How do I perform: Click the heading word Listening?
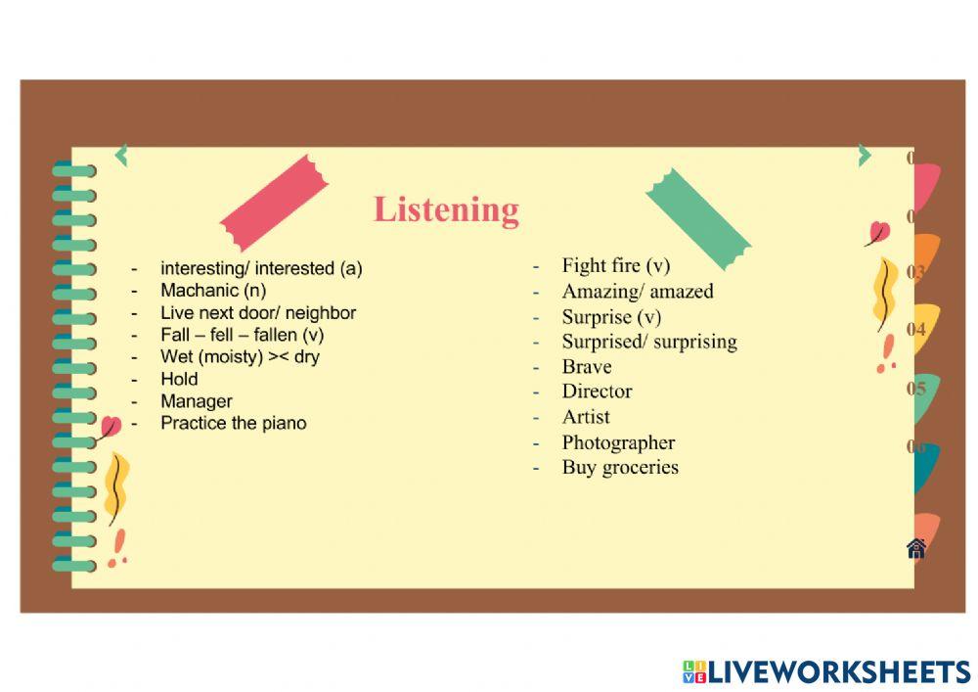pyautogui.click(x=446, y=210)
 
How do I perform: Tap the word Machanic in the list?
pyautogui.click(x=200, y=290)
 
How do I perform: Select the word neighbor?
pyautogui.click(x=321, y=312)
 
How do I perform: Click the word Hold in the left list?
pyautogui.click(x=179, y=379)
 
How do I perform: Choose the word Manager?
pyautogui.click(x=197, y=401)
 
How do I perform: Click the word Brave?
pyautogui.click(x=586, y=367)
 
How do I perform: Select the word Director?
pyautogui.click(x=597, y=392)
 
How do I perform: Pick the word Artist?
pyautogui.click(x=586, y=417)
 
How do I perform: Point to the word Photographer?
pyautogui.click(x=618, y=443)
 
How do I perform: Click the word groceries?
pyautogui.click(x=640, y=468)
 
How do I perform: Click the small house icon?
pyautogui.click(x=916, y=548)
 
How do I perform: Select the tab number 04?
pyautogui.click(x=915, y=329)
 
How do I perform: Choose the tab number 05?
pyautogui.click(x=915, y=389)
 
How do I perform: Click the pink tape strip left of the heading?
pyautogui.click(x=274, y=204)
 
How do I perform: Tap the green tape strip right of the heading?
pyautogui.click(x=698, y=219)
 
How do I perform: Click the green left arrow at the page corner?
pyautogui.click(x=121, y=156)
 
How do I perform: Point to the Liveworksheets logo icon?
pyautogui.click(x=694, y=672)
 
